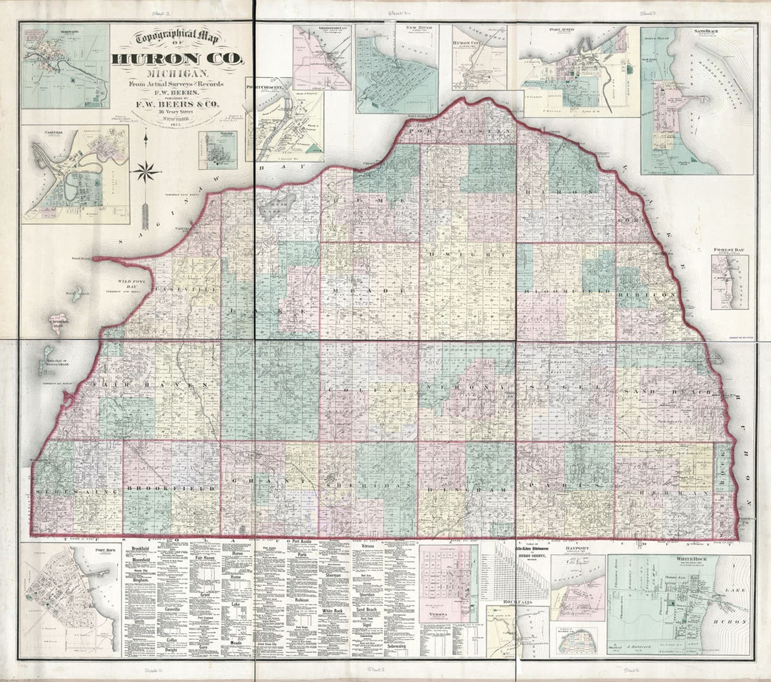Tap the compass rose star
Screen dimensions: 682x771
tap(145, 171)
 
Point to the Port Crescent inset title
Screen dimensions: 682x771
tap(264, 86)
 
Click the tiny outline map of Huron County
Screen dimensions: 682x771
tap(578, 640)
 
